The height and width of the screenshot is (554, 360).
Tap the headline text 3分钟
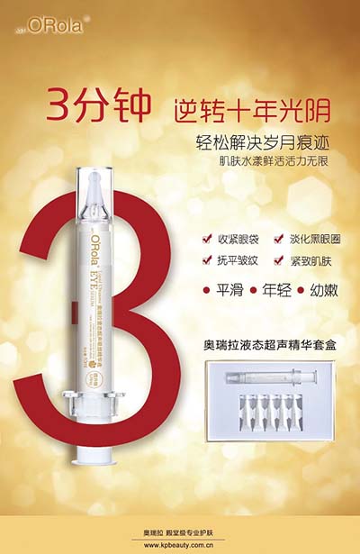point(100,114)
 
